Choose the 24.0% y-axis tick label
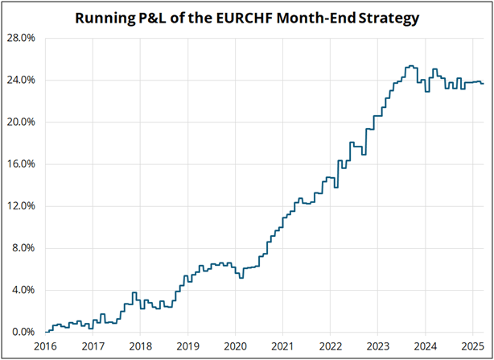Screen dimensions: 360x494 21,81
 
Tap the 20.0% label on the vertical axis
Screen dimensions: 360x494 21,122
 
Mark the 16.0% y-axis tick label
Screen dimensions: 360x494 21,164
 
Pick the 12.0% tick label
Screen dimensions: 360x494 21,206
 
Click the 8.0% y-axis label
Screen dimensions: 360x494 23,248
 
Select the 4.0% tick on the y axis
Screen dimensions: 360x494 23,290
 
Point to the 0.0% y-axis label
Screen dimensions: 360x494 23,332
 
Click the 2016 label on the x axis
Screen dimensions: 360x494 46,346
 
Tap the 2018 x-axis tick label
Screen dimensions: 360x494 140,346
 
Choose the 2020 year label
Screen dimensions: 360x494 235,346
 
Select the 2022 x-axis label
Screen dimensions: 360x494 330,346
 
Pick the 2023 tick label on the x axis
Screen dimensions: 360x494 377,346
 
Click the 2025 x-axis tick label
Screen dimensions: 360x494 471,346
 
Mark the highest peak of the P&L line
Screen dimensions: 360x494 410,66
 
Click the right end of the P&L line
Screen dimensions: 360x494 483,84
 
